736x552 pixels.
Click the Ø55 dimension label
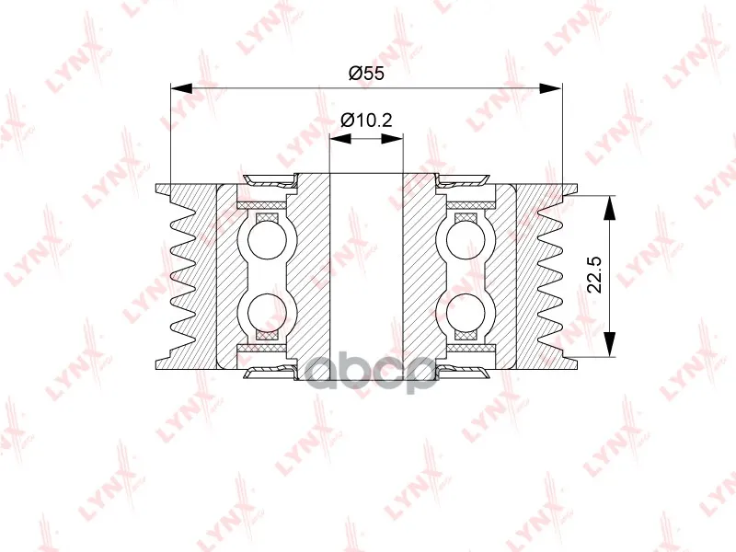366,74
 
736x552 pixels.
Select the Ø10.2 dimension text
366,121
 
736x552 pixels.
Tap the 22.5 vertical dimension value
594,274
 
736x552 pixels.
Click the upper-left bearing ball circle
266,239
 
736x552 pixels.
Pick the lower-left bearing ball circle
266,313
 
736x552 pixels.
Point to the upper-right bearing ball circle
466,239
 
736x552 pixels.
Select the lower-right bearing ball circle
466,313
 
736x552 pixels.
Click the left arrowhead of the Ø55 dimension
181,88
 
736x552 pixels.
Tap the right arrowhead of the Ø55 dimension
550,88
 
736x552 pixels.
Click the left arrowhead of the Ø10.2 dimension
340,139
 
